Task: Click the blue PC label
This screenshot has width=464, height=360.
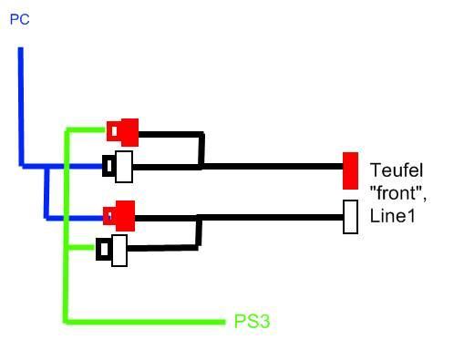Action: click(20, 19)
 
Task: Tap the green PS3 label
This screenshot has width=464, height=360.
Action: click(252, 321)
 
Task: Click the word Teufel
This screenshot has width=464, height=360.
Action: click(397, 170)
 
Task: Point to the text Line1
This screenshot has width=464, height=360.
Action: click(392, 216)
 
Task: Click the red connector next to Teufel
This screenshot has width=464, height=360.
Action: click(350, 171)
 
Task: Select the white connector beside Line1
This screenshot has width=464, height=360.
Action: click(350, 217)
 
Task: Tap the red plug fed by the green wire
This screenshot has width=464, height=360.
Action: click(123, 132)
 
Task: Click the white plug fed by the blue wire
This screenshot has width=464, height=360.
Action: click(118, 167)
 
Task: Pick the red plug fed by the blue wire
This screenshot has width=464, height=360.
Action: click(119, 216)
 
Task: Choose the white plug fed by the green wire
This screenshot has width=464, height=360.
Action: click(111, 251)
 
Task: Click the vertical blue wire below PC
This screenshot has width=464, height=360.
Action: click(21, 107)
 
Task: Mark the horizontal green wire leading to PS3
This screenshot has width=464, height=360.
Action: click(145, 322)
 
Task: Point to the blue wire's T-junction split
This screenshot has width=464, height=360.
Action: click(46, 167)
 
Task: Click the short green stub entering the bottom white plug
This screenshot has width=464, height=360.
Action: click(81, 248)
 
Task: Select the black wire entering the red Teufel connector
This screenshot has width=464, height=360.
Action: click(272, 167)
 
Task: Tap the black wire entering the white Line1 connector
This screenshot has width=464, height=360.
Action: click(271, 218)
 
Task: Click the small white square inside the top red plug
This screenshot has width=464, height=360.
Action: click(114, 131)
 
